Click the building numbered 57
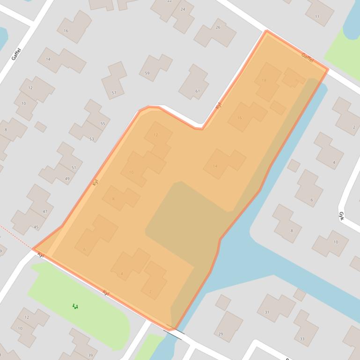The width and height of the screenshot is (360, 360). tap(114, 93)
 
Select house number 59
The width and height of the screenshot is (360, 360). tap(147, 73)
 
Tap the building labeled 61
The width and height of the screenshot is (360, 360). tap(198, 91)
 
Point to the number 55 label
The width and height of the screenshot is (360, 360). tap(103, 124)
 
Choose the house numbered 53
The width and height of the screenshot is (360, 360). tap(92, 139)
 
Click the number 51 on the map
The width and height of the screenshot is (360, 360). tap(73, 167)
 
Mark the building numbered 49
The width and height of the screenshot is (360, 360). tap(67, 179)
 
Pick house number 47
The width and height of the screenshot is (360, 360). tap(45, 211)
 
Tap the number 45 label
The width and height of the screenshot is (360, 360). tap(37, 227)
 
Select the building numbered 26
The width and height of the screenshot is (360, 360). tap(218, 28)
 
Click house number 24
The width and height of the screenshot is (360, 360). tap(183, 9)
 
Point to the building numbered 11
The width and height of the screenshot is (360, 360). tap(317, 17)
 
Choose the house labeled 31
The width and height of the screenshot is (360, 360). tap(267, 312)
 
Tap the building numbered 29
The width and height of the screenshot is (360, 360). tap(221, 334)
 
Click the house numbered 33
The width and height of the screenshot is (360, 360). tap(302, 338)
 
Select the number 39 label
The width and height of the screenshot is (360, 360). tap(90, 355)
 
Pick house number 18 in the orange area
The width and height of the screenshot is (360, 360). tap(264, 80)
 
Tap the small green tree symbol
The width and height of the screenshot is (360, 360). tap(75, 307)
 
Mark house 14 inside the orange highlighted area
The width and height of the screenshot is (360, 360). tap(215, 166)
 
